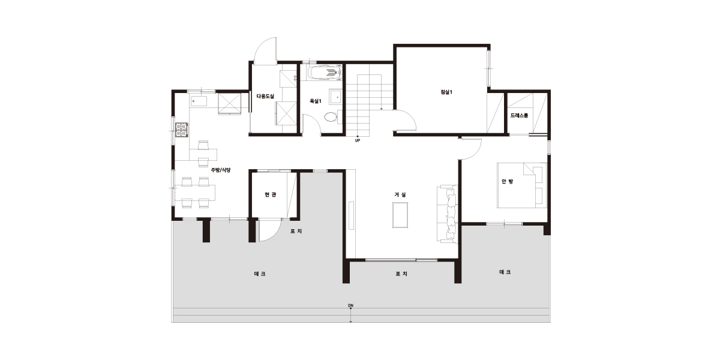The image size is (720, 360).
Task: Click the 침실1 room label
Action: [x=446, y=92]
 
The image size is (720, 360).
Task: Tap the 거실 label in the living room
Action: [x=400, y=194]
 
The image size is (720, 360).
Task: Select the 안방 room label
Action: [x=507, y=181]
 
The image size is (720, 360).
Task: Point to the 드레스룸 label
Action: [x=519, y=115]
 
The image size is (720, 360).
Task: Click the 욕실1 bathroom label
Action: [x=316, y=101]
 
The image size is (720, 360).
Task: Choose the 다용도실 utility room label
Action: [x=265, y=96]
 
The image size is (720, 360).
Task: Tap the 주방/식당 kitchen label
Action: [x=221, y=170]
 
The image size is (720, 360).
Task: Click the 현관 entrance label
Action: [x=271, y=194]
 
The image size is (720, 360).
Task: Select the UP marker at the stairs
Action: [x=358, y=140]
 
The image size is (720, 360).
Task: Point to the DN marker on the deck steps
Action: [x=350, y=305]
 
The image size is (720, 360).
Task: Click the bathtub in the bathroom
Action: [x=324, y=73]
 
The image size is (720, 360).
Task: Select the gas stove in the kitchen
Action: [x=182, y=130]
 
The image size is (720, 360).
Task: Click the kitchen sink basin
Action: [x=199, y=101]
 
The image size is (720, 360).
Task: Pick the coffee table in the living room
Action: [x=400, y=215]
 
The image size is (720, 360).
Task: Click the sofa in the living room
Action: [x=447, y=214]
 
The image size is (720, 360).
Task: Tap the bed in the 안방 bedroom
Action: [x=521, y=185]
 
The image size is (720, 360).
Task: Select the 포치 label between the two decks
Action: [x=401, y=274]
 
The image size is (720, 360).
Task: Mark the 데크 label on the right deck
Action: [x=505, y=272]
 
